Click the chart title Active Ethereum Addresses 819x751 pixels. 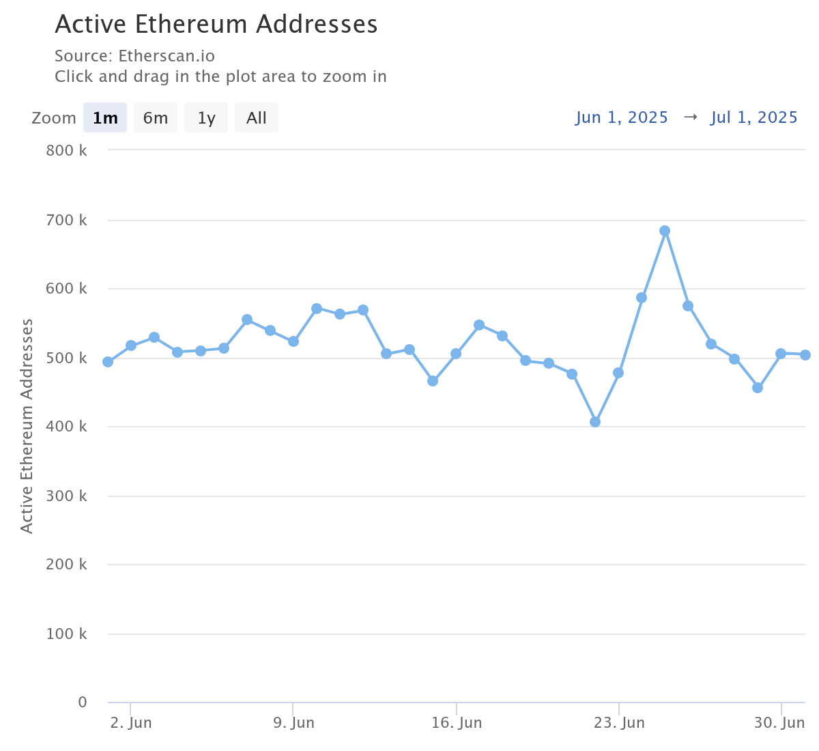point(216,25)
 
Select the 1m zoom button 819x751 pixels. point(105,117)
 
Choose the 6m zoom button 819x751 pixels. point(155,117)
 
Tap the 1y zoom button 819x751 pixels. point(206,117)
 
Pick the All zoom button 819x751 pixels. point(256,117)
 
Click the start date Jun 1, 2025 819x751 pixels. point(622,117)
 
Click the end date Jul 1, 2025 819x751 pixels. point(754,117)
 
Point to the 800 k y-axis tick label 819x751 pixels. point(66,150)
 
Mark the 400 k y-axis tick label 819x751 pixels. point(66,427)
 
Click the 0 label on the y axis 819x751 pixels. point(83,702)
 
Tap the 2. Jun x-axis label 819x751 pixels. point(131,723)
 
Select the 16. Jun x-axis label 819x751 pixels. point(457,723)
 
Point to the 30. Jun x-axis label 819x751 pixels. point(780,723)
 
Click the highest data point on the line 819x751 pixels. point(665,231)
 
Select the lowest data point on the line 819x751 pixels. point(595,422)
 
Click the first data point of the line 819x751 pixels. point(108,362)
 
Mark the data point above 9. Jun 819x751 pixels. point(293,341)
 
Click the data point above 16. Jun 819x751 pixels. point(456,354)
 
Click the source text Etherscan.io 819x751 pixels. point(167,56)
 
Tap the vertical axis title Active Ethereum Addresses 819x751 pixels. point(27,425)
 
